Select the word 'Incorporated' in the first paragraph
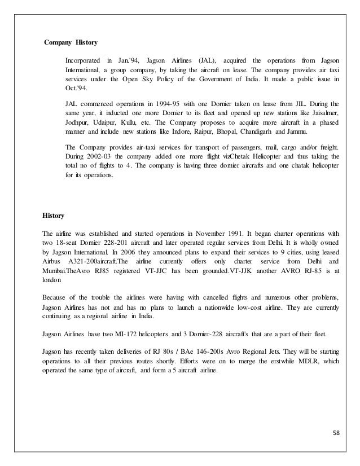click(82, 60)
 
